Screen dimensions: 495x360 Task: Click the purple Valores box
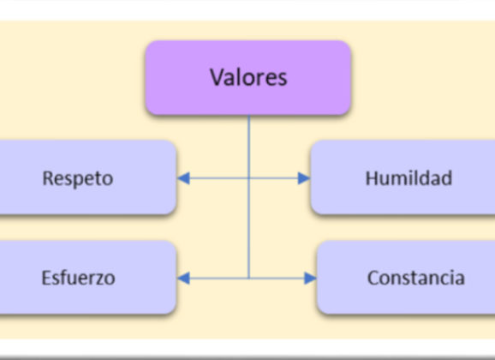click(x=248, y=77)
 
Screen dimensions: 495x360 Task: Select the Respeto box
click(x=87, y=177)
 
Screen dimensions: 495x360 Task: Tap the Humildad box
click(x=403, y=177)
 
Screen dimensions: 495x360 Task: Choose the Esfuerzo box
click(x=87, y=277)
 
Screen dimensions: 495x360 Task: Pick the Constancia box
click(x=406, y=277)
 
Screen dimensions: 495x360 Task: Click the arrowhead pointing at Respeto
click(x=183, y=178)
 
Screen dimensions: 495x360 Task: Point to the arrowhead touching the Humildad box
click(x=304, y=178)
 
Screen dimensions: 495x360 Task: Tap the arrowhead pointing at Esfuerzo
click(x=183, y=278)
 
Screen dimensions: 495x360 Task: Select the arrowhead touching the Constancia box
click(x=310, y=278)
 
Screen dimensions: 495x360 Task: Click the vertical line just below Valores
click(x=249, y=196)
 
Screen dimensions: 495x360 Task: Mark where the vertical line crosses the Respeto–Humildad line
click(x=249, y=178)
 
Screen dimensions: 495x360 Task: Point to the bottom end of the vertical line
click(x=249, y=278)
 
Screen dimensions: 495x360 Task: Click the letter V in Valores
click(x=218, y=77)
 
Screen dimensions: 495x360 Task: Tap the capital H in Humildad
click(x=372, y=178)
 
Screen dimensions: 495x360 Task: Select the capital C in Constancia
click(x=373, y=278)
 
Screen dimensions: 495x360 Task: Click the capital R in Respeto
click(x=48, y=178)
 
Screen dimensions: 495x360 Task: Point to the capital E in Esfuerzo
click(x=46, y=278)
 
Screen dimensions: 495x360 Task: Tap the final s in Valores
click(x=282, y=80)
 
